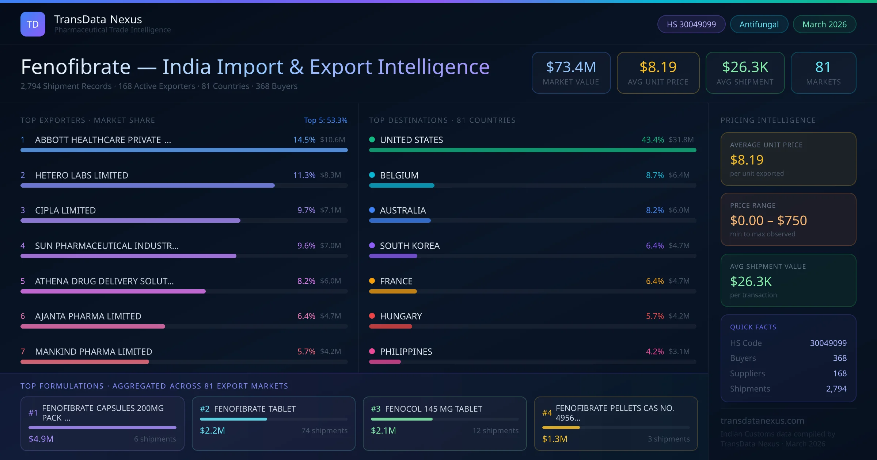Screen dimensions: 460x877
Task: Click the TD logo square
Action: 33,24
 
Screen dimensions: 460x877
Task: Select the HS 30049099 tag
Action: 691,24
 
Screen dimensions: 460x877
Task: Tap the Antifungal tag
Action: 759,24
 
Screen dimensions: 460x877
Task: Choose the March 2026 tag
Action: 824,24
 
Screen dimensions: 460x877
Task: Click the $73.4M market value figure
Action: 571,67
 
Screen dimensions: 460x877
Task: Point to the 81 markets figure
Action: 823,67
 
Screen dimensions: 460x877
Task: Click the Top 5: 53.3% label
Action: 325,120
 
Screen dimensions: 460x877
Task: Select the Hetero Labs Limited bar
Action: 148,185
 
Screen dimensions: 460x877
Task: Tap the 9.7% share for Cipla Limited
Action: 306,210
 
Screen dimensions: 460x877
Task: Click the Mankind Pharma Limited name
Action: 94,352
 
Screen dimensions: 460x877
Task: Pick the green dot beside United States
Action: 372,139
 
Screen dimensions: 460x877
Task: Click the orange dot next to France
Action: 372,281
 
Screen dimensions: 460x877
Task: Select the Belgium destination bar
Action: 402,185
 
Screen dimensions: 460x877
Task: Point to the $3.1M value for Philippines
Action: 679,351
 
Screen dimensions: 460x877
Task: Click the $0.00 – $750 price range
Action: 768,221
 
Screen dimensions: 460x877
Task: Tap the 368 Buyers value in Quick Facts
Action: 839,358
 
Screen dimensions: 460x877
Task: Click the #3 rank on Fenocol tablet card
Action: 376,409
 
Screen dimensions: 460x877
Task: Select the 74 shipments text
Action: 324,430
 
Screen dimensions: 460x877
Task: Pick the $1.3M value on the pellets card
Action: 554,439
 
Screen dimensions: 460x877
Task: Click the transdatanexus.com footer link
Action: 762,421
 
